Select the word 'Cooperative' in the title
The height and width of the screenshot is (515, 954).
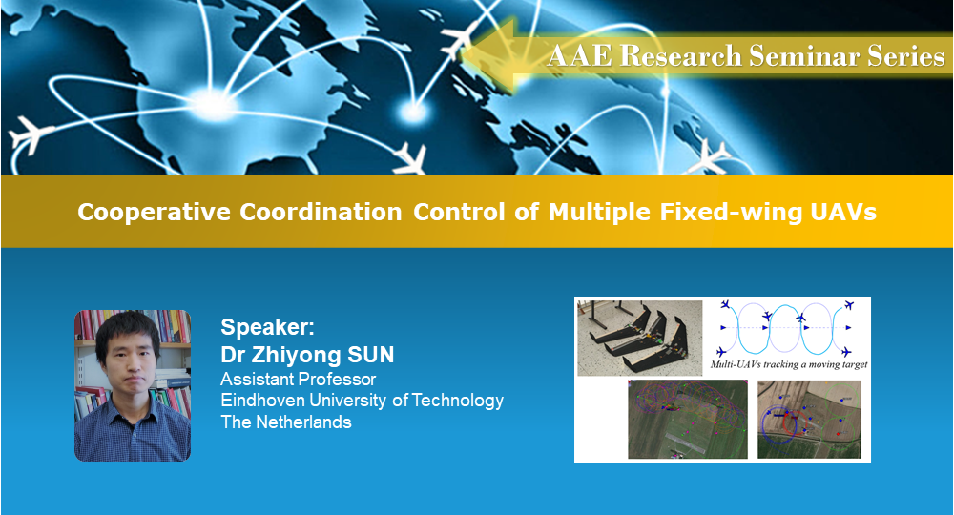(154, 213)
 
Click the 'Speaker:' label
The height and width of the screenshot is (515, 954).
(268, 328)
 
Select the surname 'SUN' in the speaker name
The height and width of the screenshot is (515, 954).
(370, 355)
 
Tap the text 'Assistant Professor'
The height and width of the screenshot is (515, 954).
(298, 380)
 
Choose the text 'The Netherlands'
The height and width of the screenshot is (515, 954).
(286, 422)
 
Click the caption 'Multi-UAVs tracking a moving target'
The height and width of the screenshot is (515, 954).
(789, 365)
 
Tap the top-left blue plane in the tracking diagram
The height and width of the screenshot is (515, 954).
(725, 304)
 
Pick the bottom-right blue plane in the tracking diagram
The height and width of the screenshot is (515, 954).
(845, 352)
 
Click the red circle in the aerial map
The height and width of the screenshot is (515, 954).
(793, 422)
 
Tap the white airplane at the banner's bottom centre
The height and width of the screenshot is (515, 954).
(410, 158)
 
